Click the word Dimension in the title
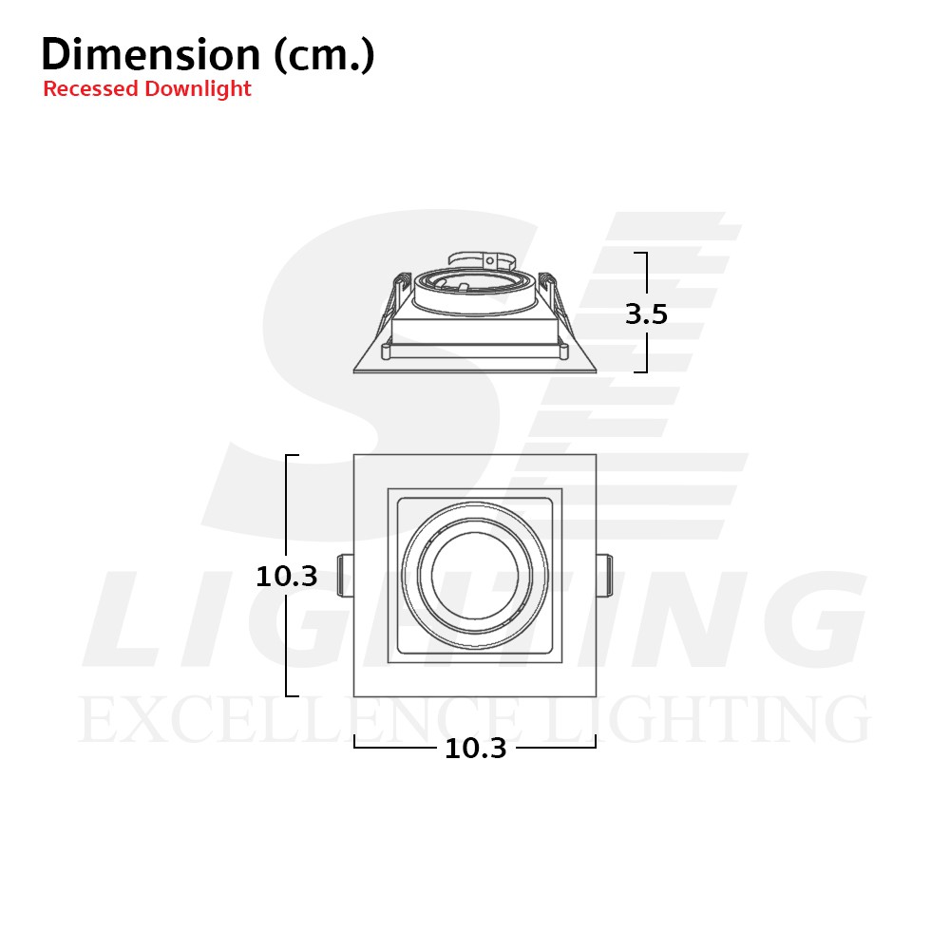[151, 54]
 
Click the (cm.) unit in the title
[324, 55]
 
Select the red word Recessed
[91, 88]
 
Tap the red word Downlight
[199, 89]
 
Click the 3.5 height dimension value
[646, 313]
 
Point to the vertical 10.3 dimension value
[287, 577]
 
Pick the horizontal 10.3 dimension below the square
[476, 749]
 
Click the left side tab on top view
[346, 575]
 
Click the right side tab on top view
[604, 575]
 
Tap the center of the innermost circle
[475, 576]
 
